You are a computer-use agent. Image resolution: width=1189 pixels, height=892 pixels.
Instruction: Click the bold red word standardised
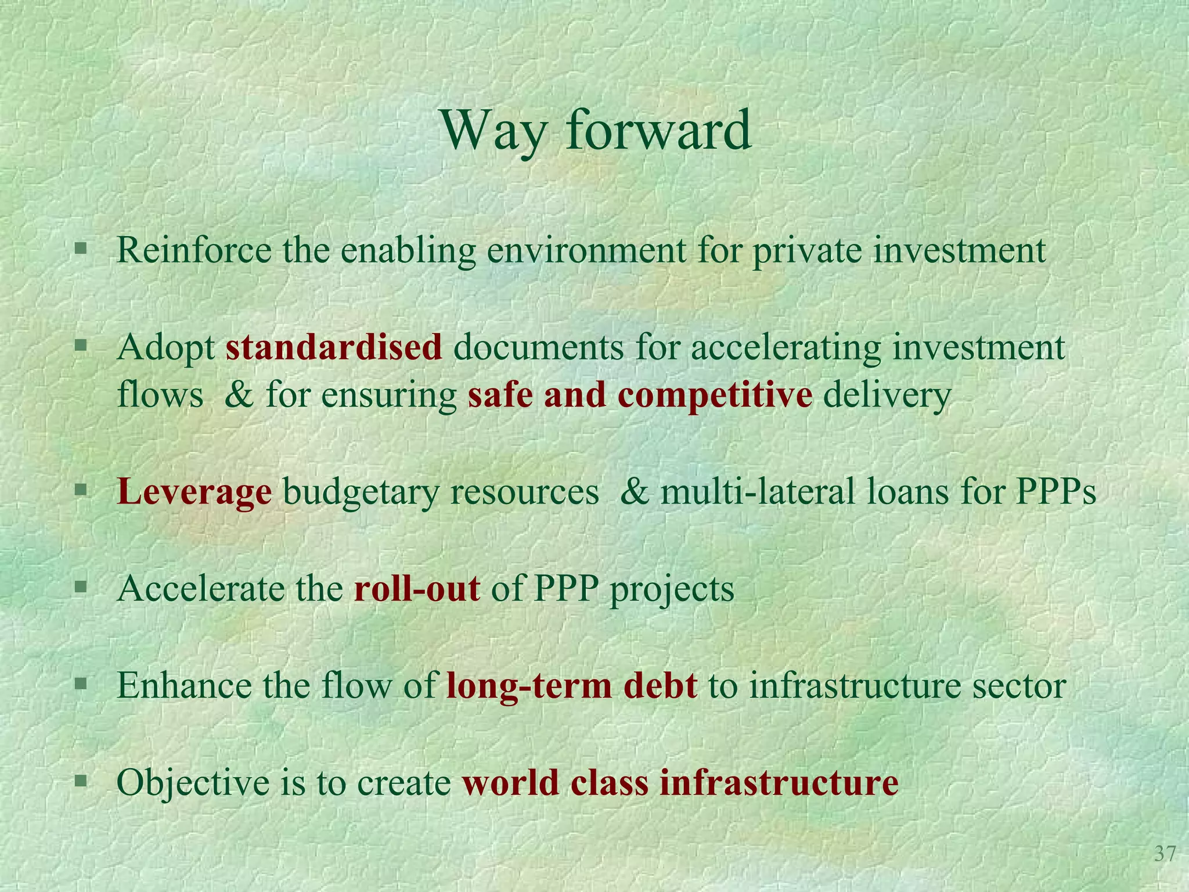(x=334, y=348)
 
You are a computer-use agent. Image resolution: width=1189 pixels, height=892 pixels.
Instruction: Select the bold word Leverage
(x=194, y=492)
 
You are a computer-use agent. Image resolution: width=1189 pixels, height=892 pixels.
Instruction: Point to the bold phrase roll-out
(x=417, y=589)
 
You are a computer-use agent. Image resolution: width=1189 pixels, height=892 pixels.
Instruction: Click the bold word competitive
(x=715, y=395)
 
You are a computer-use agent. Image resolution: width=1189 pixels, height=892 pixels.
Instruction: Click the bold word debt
(x=660, y=686)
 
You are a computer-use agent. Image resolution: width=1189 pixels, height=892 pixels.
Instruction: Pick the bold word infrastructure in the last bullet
(x=779, y=782)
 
